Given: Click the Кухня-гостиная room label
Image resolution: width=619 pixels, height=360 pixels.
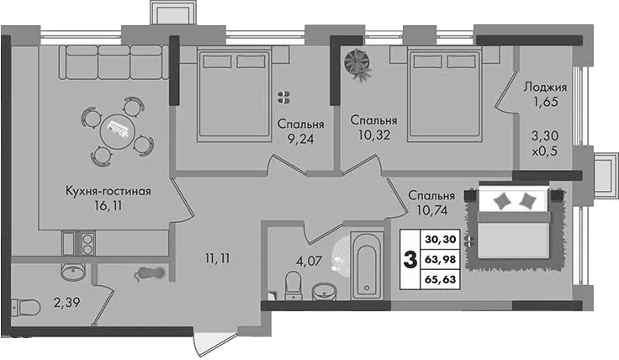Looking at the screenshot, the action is (x=108, y=192).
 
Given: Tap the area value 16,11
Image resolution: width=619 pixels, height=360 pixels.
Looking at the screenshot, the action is (x=108, y=206).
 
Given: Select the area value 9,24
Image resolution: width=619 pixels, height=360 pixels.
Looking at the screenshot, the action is (x=301, y=139).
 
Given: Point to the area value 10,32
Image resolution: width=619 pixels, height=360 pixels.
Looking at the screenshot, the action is (x=374, y=135).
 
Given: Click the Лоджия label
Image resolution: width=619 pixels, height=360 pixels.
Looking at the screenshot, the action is (x=545, y=87).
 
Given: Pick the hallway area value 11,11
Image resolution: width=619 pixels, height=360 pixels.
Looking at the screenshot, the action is (x=218, y=258).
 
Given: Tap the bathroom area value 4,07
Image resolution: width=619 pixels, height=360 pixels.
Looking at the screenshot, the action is (x=309, y=261).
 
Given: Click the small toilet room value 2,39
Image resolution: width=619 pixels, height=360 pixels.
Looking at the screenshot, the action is (x=67, y=303).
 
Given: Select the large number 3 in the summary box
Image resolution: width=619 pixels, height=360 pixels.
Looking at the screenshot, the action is (x=410, y=260).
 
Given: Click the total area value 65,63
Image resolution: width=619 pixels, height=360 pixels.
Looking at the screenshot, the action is (x=441, y=279).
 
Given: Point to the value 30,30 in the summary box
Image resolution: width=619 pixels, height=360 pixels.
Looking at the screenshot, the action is (x=441, y=239).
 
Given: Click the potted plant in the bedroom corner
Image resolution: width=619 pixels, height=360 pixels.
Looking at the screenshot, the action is (x=358, y=64).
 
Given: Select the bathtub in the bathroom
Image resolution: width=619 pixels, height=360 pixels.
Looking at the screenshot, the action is (x=367, y=266).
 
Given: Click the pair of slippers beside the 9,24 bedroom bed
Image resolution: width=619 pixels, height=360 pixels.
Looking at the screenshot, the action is (x=283, y=97).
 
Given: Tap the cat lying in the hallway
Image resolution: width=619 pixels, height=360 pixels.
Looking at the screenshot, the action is (x=149, y=273).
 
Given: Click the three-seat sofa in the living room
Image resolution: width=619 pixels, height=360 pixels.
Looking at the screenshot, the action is (x=114, y=63).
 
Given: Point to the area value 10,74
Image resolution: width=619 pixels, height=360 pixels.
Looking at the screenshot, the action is (x=432, y=210).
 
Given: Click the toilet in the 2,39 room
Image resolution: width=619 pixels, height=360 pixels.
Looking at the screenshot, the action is (x=26, y=307).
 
